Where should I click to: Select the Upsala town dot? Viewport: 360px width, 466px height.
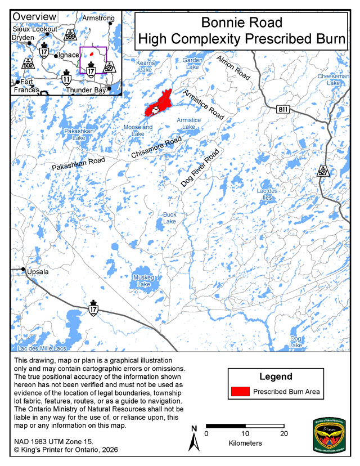(24, 269)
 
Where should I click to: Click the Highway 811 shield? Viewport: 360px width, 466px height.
(284, 110)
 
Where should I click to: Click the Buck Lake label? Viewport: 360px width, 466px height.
(170, 218)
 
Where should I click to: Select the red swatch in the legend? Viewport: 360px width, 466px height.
(240, 391)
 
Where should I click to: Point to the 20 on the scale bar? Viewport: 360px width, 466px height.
(284, 433)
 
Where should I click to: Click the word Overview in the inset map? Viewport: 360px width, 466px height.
(34, 17)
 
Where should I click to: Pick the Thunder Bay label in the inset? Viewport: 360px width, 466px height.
(85, 89)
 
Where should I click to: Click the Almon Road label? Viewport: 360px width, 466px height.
(233, 65)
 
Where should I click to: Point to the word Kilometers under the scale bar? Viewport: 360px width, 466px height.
(246, 443)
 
